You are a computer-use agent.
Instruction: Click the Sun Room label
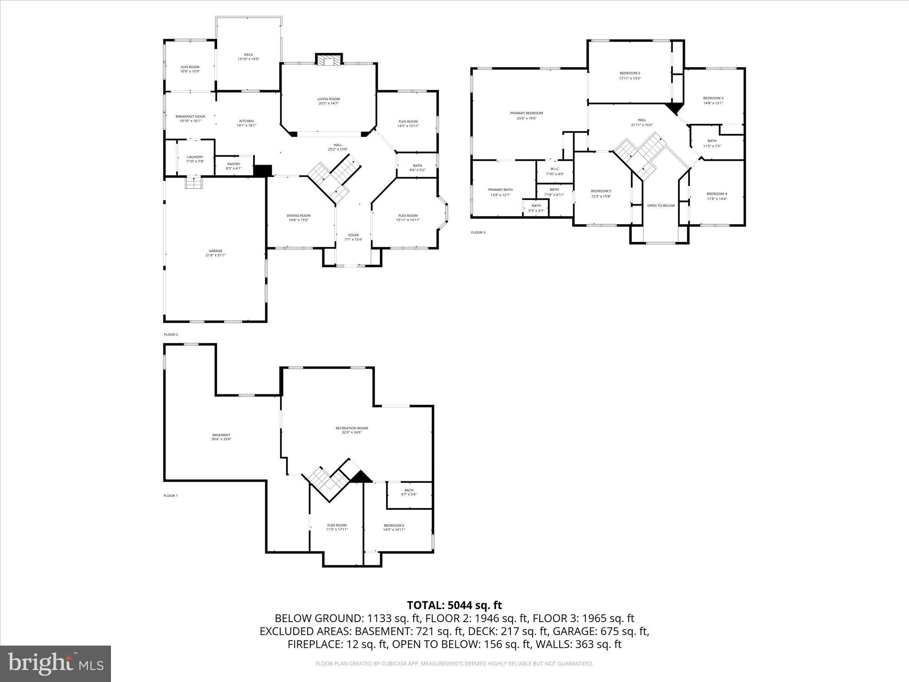(x=190, y=67)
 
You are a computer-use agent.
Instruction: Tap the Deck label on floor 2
(x=248, y=55)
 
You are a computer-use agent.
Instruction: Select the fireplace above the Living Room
(x=329, y=59)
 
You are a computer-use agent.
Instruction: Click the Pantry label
(x=233, y=164)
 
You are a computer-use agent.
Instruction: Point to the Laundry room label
(x=195, y=157)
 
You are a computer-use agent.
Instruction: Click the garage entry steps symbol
(x=193, y=182)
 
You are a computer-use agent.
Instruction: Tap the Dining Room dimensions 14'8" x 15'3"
(x=298, y=220)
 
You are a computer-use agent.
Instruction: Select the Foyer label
(x=353, y=235)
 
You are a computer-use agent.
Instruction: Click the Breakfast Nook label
(x=190, y=116)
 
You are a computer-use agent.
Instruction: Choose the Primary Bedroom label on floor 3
(x=526, y=113)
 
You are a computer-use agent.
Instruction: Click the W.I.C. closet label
(x=555, y=169)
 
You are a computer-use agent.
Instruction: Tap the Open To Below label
(x=660, y=206)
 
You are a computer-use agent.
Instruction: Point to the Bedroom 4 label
(x=717, y=194)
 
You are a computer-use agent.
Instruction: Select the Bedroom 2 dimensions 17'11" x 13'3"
(x=630, y=78)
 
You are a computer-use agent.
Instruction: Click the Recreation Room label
(x=352, y=428)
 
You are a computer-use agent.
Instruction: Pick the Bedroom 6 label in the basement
(x=394, y=525)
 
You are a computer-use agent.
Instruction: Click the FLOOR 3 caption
(x=478, y=232)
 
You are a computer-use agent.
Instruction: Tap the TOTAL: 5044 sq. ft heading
(x=454, y=605)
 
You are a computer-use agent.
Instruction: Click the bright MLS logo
(x=55, y=664)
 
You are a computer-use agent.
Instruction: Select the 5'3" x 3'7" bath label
(x=536, y=210)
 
